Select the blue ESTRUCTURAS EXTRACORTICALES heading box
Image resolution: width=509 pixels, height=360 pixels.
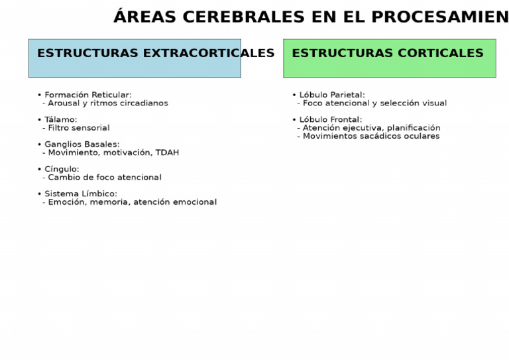(x=134, y=58)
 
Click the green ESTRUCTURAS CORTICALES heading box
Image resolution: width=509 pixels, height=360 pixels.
(x=389, y=58)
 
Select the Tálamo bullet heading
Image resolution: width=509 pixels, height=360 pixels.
(x=60, y=119)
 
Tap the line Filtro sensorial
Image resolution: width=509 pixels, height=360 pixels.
(x=78, y=128)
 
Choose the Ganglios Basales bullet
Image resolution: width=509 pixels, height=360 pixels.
(x=82, y=145)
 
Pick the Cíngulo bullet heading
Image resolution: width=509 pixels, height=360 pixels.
(x=62, y=169)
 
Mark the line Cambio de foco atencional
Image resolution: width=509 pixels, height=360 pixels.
(x=104, y=178)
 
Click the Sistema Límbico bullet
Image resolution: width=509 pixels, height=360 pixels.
(x=80, y=194)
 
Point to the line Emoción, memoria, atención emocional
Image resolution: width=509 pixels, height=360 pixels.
(x=132, y=202)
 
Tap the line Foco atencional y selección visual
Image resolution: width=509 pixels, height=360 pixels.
(x=374, y=103)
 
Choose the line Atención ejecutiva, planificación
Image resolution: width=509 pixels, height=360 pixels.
(x=371, y=128)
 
